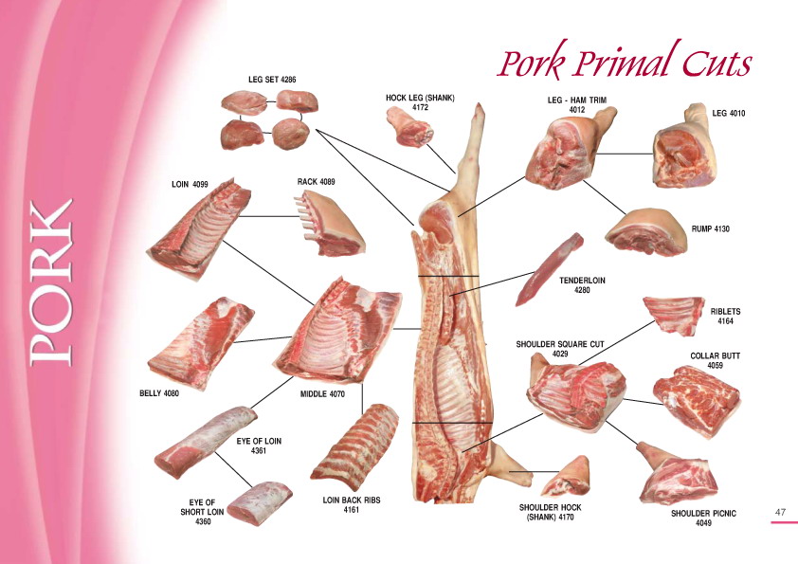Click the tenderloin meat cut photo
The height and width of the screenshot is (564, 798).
coord(550,270)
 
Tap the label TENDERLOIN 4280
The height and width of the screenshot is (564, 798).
coord(582,285)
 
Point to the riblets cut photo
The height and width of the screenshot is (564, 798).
coord(674,316)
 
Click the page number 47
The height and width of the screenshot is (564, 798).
coord(780,512)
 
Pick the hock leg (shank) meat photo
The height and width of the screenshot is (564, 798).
coord(410,127)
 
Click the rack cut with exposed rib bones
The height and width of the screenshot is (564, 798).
coord(329,223)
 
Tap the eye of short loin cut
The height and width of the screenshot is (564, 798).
coord(260,503)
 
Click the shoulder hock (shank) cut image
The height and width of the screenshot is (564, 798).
coord(567,477)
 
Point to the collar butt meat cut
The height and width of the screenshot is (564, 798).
coord(697,401)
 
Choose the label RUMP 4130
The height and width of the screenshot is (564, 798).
coord(710,229)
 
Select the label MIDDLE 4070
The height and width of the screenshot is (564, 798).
coord(322,393)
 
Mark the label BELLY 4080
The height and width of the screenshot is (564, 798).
coord(159,393)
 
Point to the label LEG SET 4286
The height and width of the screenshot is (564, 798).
coord(272,80)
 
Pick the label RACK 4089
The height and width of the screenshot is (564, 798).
coord(316,181)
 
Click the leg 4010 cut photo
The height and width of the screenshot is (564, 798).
coord(685,147)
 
